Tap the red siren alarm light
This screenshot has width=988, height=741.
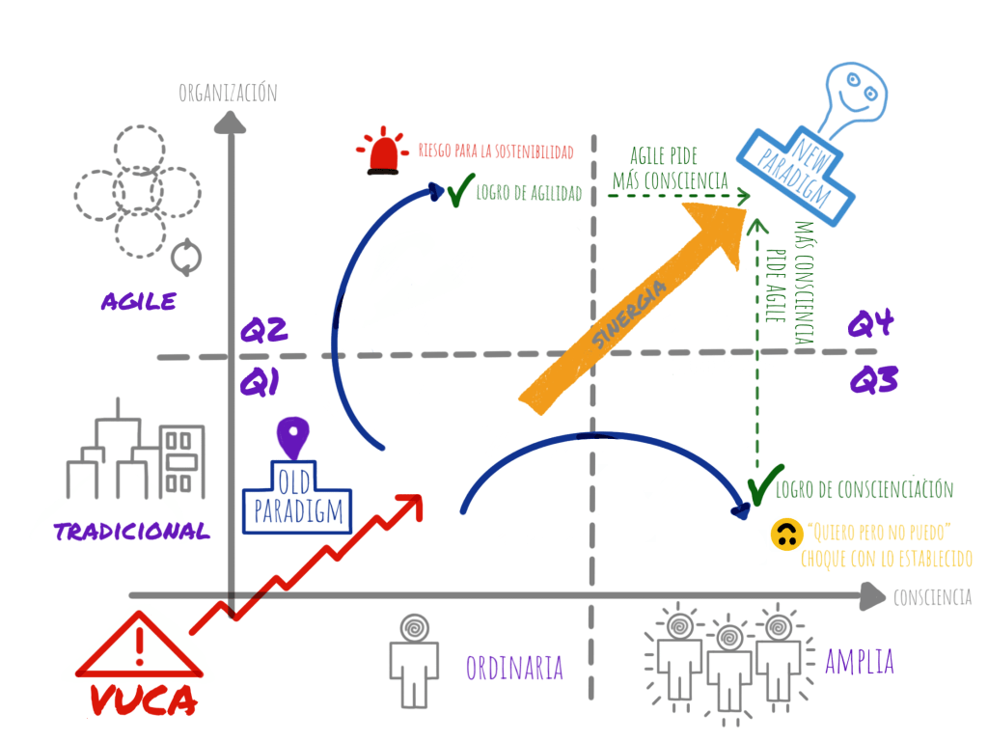(x=382, y=153)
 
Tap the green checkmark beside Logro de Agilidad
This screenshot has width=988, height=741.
(x=457, y=191)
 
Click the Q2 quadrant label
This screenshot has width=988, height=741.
(x=263, y=330)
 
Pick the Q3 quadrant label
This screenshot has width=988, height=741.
(x=873, y=380)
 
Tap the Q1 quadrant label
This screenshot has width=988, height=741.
(x=260, y=384)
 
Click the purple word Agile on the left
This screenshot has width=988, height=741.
(x=139, y=301)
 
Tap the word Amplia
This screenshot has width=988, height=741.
(x=859, y=663)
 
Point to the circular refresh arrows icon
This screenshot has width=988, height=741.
(x=187, y=257)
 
